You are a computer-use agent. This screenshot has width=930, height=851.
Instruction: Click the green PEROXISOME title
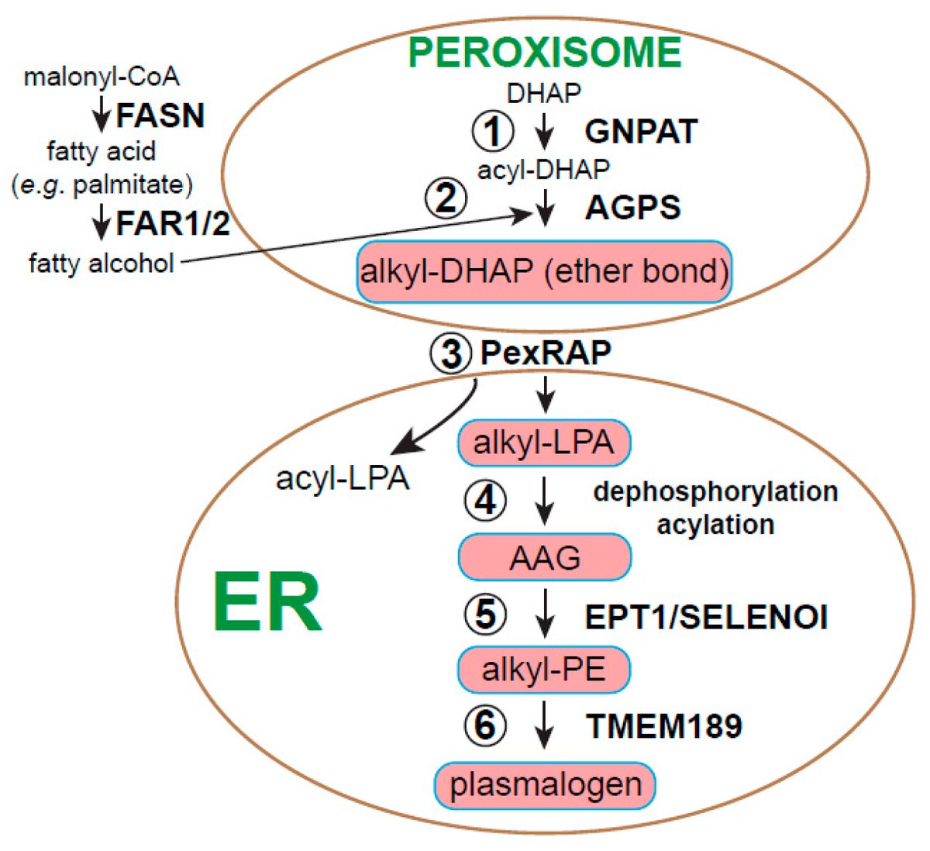[544, 52]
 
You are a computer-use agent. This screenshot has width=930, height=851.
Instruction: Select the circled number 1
[493, 131]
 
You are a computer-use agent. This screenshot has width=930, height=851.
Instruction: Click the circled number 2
[446, 200]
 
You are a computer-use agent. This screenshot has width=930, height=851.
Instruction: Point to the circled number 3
[451, 353]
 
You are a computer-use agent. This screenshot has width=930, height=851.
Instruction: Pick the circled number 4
[485, 501]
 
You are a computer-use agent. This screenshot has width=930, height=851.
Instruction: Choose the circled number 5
[485, 615]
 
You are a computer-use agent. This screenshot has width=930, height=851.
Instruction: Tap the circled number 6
[485, 725]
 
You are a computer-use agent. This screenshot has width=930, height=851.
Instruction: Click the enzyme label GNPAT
[641, 131]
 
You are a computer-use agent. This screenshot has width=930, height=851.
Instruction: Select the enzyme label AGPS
[633, 208]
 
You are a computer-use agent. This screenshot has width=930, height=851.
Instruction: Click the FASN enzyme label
[160, 116]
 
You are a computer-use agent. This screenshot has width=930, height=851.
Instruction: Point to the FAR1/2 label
[173, 224]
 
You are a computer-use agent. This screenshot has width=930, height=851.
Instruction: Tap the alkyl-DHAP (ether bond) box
[544, 271]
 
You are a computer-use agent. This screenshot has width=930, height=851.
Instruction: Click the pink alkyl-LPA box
[544, 443]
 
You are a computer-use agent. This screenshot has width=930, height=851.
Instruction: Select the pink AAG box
[544, 557]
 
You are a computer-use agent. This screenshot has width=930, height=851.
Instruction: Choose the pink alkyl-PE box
[544, 669]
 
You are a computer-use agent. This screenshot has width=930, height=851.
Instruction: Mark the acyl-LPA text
[342, 479]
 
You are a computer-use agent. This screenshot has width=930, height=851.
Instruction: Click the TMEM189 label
[664, 726]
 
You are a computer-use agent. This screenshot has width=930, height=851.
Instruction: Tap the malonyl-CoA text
[102, 77]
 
